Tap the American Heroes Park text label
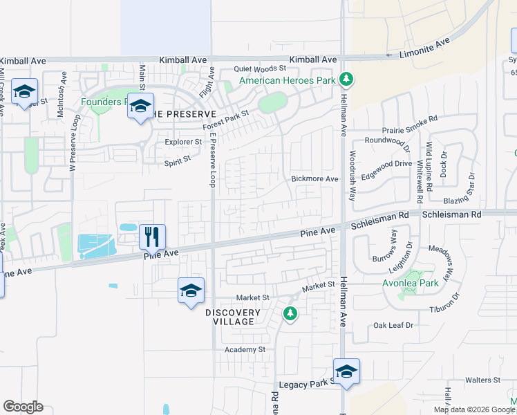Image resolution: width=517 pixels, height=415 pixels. [288, 81]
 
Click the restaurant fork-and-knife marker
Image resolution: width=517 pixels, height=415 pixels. [152, 237]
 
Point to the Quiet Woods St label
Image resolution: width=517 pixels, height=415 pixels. [260, 68]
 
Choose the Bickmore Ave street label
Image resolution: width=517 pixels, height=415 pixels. [314, 179]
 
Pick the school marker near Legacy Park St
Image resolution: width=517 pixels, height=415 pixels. [346, 371]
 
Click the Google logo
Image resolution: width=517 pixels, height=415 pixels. [23, 407]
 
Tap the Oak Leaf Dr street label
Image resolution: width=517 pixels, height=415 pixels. [393, 325]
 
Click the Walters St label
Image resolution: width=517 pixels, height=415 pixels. [482, 380]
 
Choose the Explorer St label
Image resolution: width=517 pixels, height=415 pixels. [183, 142]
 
